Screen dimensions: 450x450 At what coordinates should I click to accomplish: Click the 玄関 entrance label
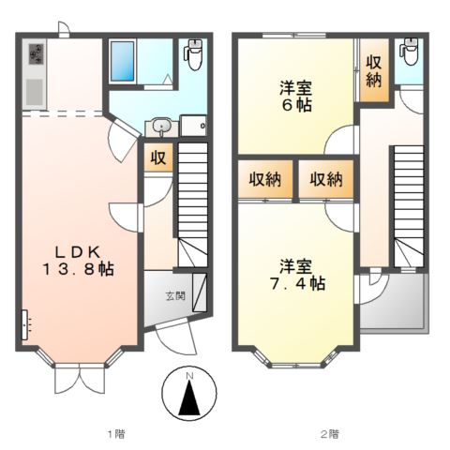[175, 297]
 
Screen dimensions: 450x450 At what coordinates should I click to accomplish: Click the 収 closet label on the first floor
[157, 157]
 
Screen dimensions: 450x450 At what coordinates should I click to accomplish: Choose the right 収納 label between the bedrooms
[325, 179]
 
